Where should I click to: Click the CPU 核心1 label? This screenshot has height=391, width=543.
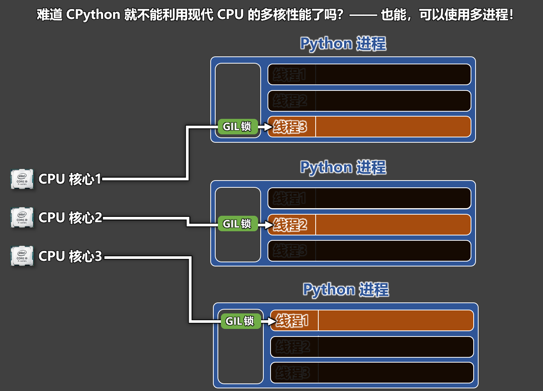click(x=70, y=179)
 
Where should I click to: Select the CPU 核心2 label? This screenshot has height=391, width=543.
click(x=70, y=218)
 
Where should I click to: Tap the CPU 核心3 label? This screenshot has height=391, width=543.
click(x=70, y=256)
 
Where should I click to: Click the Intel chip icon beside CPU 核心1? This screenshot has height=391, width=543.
click(x=22, y=179)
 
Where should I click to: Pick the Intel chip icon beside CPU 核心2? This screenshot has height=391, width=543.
click(x=22, y=217)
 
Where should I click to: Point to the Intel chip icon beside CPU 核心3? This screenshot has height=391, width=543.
click(x=22, y=256)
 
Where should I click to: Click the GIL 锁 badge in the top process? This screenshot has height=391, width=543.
click(x=237, y=126)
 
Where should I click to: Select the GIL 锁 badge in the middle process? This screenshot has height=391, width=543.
click(x=237, y=224)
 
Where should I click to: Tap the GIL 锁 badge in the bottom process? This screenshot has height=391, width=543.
click(x=240, y=321)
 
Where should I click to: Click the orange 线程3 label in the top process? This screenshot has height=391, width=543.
click(x=290, y=127)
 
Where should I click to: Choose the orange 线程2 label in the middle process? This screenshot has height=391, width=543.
click(x=290, y=224)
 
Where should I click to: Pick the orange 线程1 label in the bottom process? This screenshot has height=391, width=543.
click(x=292, y=321)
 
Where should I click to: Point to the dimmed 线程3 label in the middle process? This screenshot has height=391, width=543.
click(x=290, y=251)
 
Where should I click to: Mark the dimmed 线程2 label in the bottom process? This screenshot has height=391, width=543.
click(x=293, y=347)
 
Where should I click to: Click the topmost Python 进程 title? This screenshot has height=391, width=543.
click(x=343, y=44)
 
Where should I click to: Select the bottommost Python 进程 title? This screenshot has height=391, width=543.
click(x=346, y=290)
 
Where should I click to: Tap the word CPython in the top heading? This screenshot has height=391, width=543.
click(x=93, y=15)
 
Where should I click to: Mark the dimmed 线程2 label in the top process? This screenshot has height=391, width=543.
click(x=290, y=101)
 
